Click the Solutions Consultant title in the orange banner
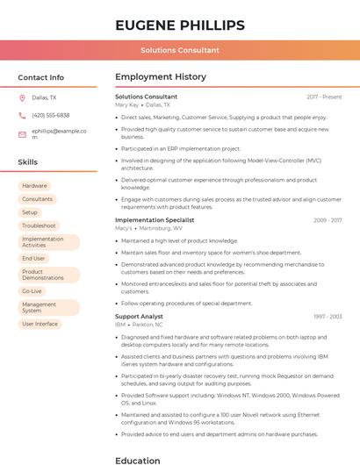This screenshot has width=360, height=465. pyautogui.click(x=179, y=50)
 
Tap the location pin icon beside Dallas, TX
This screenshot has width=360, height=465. pyautogui.click(x=22, y=98)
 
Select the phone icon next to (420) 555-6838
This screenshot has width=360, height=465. pyautogui.click(x=22, y=116)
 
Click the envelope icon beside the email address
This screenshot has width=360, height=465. pyautogui.click(x=22, y=134)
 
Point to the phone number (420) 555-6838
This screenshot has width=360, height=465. pyautogui.click(x=50, y=116)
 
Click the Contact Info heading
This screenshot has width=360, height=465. pyautogui.click(x=40, y=77)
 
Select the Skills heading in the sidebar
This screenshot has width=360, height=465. pyautogui.click(x=27, y=162)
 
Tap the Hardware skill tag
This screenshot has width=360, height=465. pyautogui.click(x=35, y=186)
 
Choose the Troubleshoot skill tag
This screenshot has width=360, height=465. pyautogui.click(x=39, y=225)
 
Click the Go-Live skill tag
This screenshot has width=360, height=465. pyautogui.click(x=32, y=291)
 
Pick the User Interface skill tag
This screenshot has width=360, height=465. pyautogui.click(x=40, y=324)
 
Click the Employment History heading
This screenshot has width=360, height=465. pyautogui.click(x=160, y=77)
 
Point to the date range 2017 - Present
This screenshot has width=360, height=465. pyautogui.click(x=324, y=97)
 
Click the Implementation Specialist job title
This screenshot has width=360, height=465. pyautogui.click(x=155, y=220)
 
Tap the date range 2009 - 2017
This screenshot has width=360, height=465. pyautogui.click(x=327, y=220)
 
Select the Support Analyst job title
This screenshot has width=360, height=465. pyautogui.click(x=139, y=316)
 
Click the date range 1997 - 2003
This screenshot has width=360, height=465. pyautogui.click(x=327, y=316)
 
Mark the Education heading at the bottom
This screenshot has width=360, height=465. pyautogui.click(x=138, y=460)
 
